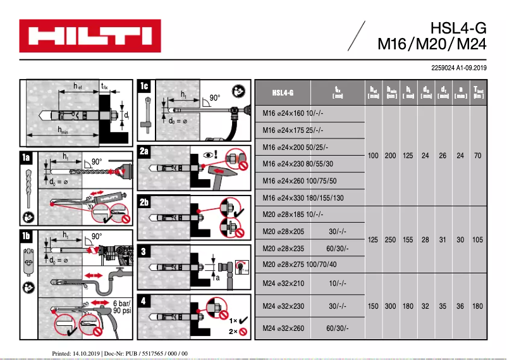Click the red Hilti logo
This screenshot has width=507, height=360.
click(90, 36)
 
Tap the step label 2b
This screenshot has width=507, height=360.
click(145, 202)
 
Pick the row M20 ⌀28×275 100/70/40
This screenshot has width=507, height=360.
click(300, 264)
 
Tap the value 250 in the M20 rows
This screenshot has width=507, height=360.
click(391, 240)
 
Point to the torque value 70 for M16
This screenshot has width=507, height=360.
click(477, 156)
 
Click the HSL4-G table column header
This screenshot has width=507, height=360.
click(283, 93)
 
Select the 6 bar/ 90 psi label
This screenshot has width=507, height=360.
click(122, 307)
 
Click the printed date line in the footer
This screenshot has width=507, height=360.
click(119, 353)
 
